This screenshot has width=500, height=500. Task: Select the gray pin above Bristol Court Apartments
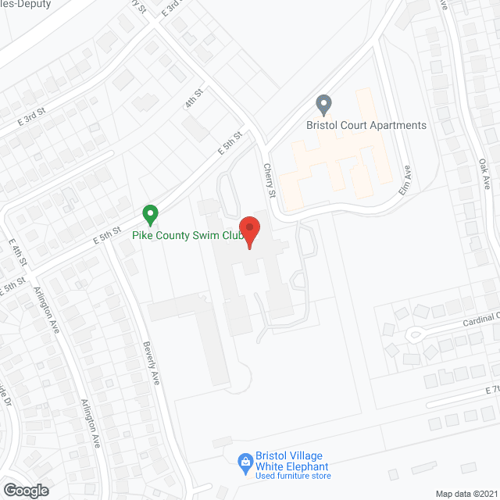323,104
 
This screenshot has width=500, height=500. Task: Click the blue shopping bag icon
245,462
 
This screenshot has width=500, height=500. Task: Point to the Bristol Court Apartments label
367,125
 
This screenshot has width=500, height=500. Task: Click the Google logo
26,490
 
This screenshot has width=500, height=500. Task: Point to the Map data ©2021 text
466,493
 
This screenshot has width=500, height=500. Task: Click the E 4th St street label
18,251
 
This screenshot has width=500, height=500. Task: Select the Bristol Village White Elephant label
290,461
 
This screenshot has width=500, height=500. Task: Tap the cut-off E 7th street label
491,389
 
